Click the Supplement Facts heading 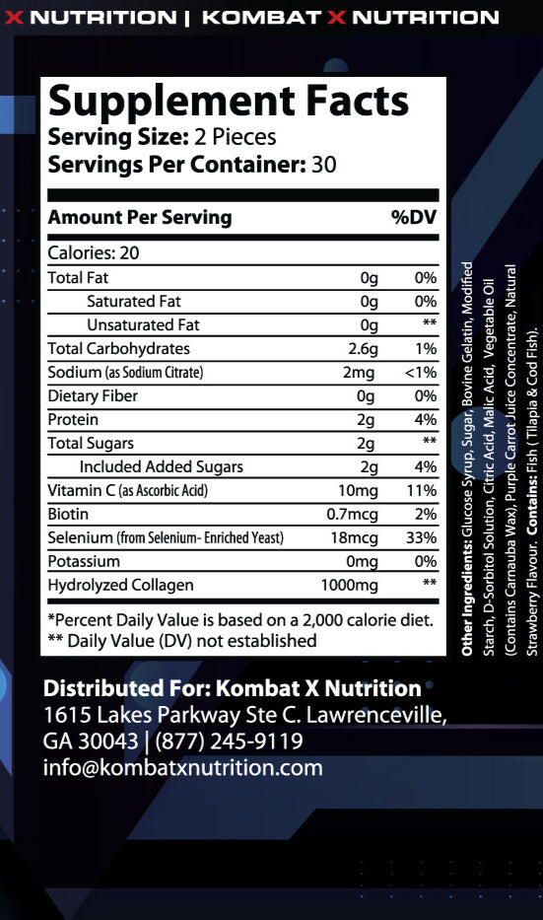(228, 102)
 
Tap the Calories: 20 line (94, 252)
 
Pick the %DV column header (414, 217)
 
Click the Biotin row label (68, 514)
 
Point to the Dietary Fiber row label (93, 395)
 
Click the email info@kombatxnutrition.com (183, 767)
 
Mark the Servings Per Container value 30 (324, 165)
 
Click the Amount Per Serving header (140, 217)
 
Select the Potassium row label (84, 561)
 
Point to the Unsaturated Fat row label (143, 324)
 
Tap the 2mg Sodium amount (362, 372)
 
